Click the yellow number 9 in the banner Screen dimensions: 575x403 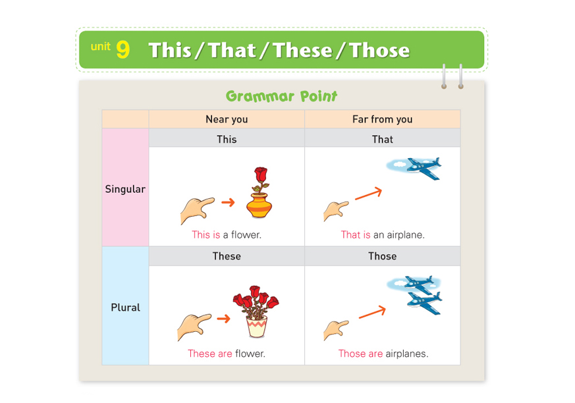(123, 49)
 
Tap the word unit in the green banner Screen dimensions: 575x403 (101, 47)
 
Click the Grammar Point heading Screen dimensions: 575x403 (281, 96)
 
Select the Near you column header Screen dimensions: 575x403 (227, 119)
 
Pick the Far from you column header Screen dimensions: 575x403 (383, 119)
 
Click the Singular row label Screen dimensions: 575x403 (125, 189)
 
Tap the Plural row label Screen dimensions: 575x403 (125, 308)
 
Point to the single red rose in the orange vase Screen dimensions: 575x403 (260, 180)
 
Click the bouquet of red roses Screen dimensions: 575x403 (256, 302)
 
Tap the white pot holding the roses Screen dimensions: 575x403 (257, 327)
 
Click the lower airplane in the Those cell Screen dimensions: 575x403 (425, 303)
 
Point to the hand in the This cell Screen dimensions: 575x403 (197, 210)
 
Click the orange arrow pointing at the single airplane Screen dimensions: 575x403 (369, 194)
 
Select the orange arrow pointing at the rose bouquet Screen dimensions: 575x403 (224, 318)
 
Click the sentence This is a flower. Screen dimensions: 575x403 (227, 234)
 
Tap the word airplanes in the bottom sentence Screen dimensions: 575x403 (406, 354)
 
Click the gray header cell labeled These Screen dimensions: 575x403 (227, 256)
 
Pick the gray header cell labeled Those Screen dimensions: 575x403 (383, 256)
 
